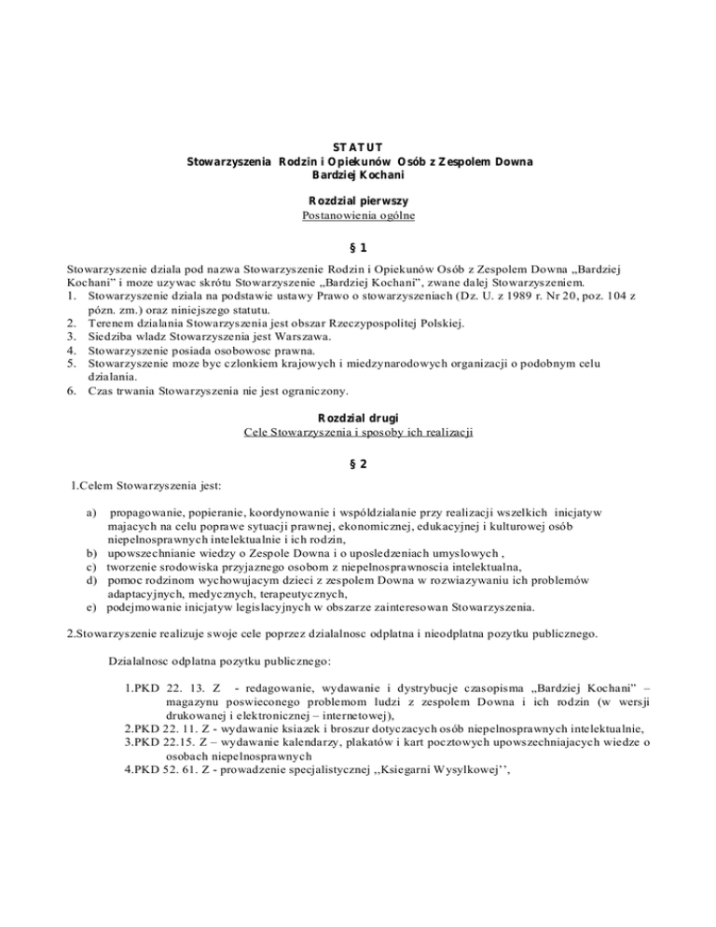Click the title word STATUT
coord(359,145)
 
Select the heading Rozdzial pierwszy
coord(359,201)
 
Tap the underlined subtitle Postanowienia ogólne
coord(359,216)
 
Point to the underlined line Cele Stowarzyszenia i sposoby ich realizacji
coord(359,433)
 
